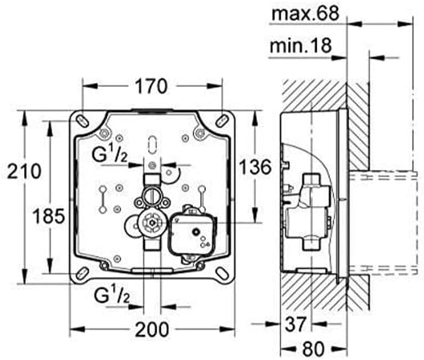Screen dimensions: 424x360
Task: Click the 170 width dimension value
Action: [151, 86]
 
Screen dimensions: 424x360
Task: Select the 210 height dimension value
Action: [24, 172]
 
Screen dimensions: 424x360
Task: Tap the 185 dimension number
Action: [48, 216]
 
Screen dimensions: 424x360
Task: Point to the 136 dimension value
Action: [255, 167]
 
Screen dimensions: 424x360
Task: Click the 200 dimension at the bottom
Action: [152, 329]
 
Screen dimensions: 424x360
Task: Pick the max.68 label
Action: [305, 13]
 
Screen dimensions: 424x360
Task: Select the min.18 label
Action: [301, 45]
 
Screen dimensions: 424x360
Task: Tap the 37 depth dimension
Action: [295, 324]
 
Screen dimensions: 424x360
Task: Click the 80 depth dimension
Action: [313, 349]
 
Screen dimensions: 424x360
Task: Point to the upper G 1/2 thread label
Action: [109, 154]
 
